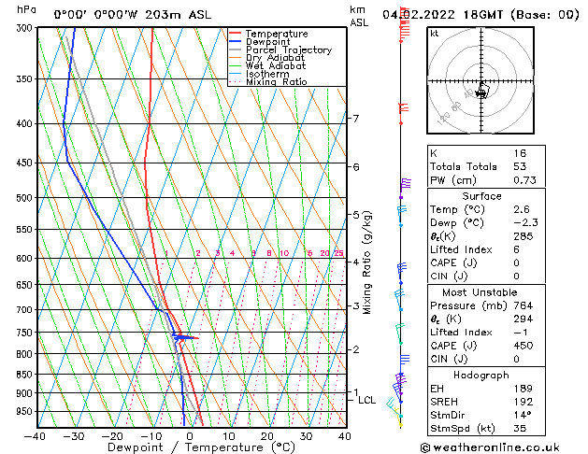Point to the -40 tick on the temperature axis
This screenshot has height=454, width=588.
pos(36,436)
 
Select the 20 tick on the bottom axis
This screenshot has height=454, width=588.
pos(267,436)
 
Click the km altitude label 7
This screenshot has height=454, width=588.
pos(355,119)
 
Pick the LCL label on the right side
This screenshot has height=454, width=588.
pos(367,400)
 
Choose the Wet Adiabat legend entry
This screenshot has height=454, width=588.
pos(276,66)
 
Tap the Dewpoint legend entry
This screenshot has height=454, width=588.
pos(269,42)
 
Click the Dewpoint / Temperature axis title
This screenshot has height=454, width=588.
pos(190,448)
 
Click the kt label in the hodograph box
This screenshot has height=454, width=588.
pos(434,33)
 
